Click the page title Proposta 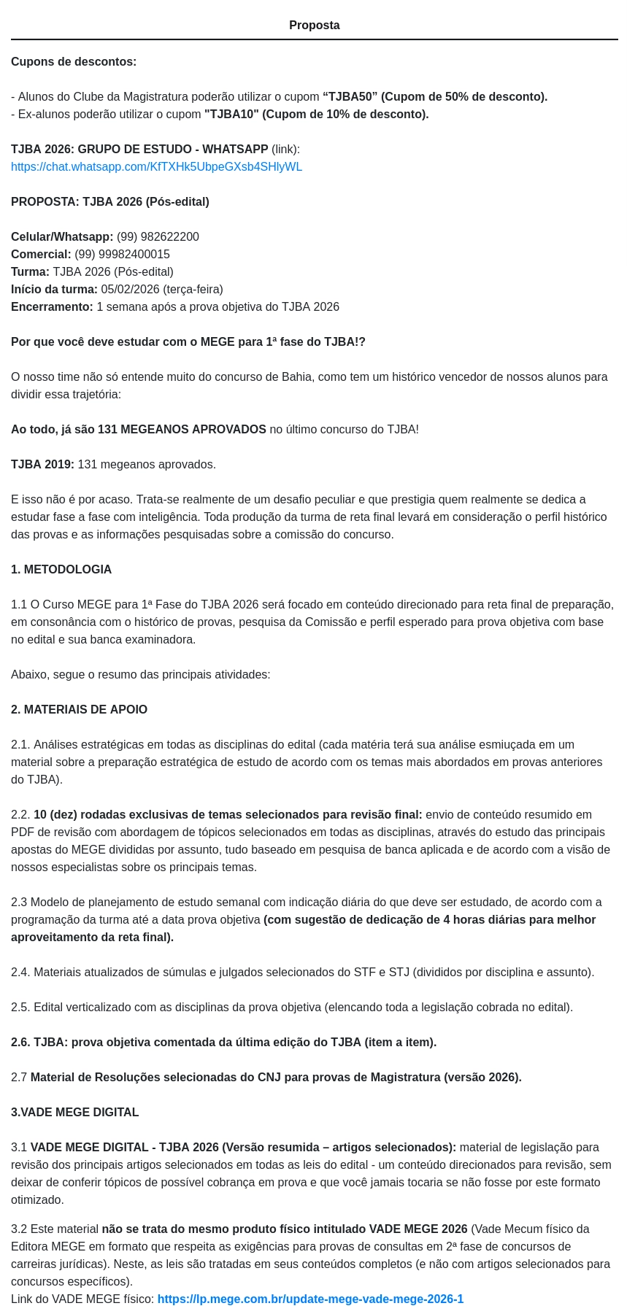point(314,26)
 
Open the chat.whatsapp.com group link point(156,167)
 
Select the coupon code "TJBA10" point(231,115)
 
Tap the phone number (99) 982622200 point(158,237)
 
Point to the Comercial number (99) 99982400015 point(122,255)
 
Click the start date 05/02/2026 point(130,290)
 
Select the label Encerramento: point(52,307)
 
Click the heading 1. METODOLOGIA point(61,570)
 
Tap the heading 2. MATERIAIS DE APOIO point(79,710)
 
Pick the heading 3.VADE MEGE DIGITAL point(74,1113)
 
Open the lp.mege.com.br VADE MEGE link point(310,1299)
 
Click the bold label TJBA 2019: point(42,465)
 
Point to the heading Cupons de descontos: point(74,62)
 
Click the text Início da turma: point(54,290)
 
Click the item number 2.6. point(20,1043)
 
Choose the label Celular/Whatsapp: point(62,237)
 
